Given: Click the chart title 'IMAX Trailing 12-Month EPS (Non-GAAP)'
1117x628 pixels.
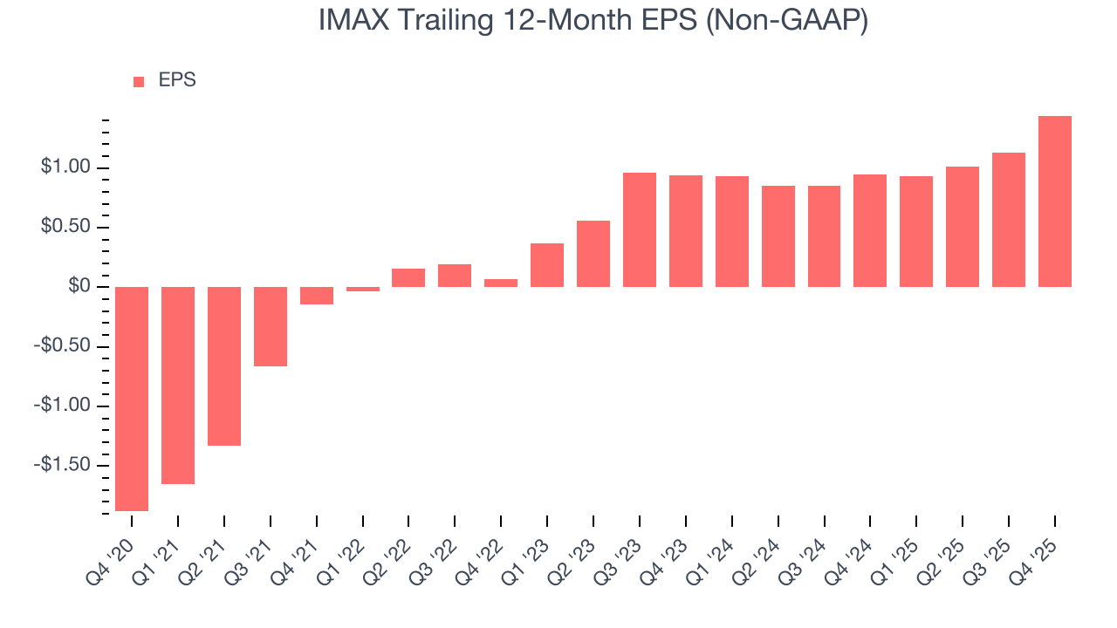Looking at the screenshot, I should click(x=593, y=21).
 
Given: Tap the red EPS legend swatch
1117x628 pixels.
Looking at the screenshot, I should click(x=139, y=82).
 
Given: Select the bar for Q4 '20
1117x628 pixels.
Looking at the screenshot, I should click(x=132, y=399).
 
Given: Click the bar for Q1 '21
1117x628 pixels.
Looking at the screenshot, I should click(x=178, y=385).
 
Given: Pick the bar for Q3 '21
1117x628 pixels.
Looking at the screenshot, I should click(x=271, y=326).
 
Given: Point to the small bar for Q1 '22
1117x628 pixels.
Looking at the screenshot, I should click(x=363, y=289).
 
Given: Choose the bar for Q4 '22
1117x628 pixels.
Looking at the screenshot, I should click(x=501, y=283).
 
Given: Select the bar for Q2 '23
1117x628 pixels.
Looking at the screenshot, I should click(x=593, y=254).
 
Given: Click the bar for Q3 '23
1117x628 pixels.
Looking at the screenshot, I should click(x=640, y=229).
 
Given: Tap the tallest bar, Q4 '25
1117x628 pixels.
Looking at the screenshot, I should click(x=1055, y=201).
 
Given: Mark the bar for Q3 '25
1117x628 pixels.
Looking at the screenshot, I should click(x=1009, y=220).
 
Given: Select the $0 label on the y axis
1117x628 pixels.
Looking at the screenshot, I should click(x=79, y=287).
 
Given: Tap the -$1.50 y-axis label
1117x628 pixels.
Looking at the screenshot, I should click(x=61, y=465).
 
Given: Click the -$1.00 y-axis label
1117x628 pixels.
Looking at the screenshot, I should click(x=61, y=406).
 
